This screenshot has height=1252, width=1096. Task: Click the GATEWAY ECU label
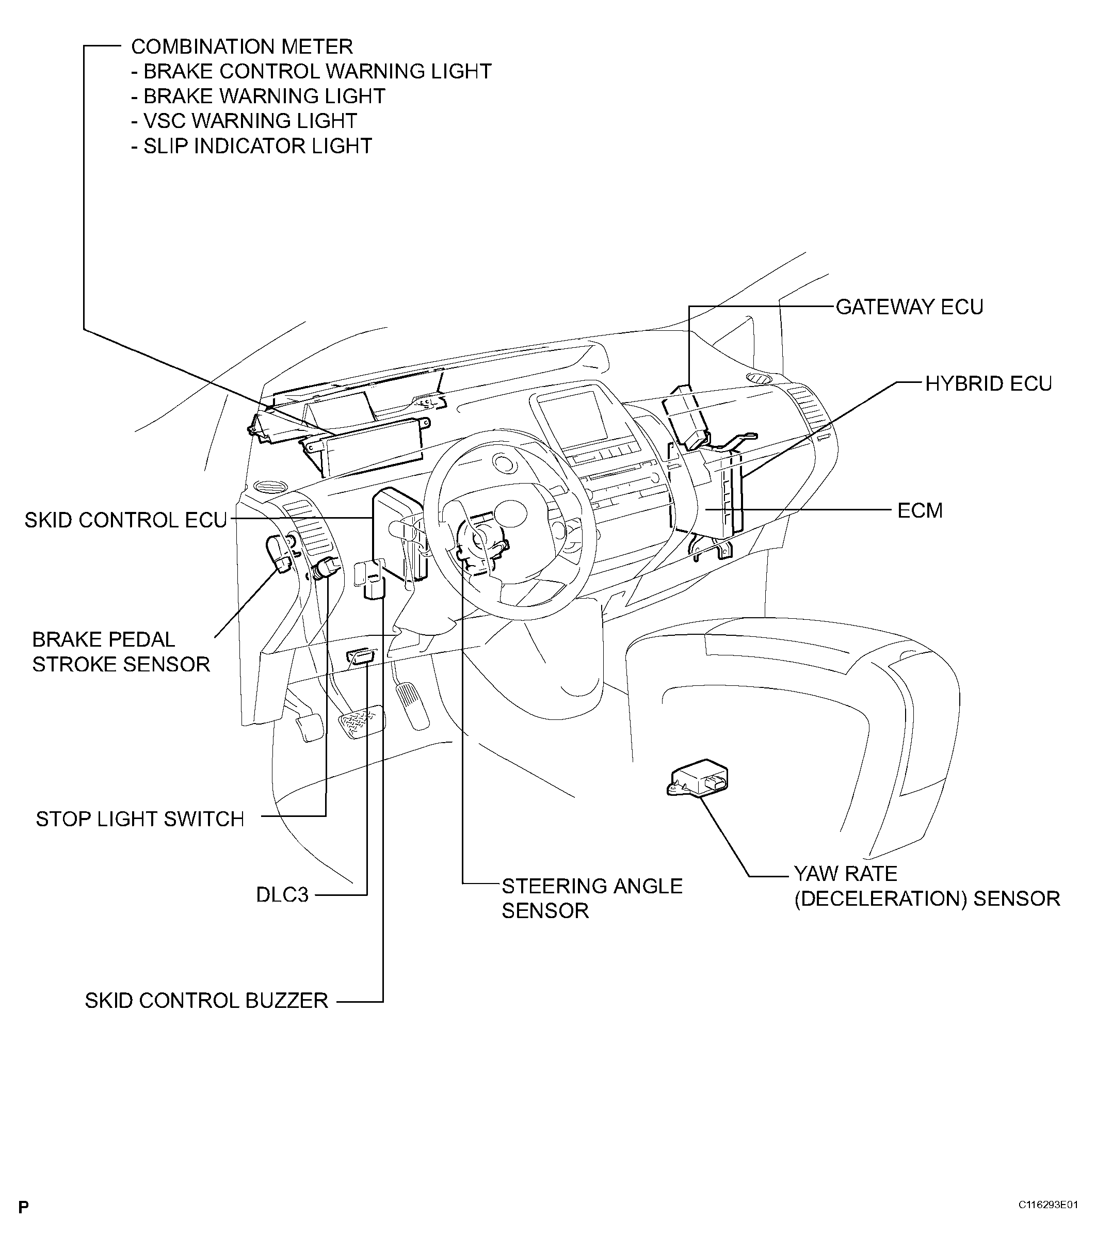(x=909, y=307)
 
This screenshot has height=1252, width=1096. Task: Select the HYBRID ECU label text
(x=988, y=384)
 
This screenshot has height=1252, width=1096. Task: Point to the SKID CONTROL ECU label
(x=125, y=521)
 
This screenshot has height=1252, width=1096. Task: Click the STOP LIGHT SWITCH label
(x=139, y=819)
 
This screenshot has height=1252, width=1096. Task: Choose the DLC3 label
(x=282, y=895)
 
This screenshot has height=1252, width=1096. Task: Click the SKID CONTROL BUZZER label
(x=206, y=1001)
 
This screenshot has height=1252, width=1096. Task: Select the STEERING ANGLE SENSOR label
(x=591, y=898)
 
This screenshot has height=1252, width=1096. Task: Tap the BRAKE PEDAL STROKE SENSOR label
(x=120, y=652)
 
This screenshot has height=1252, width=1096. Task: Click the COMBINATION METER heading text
(x=241, y=47)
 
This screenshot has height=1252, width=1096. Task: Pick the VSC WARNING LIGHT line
(x=244, y=121)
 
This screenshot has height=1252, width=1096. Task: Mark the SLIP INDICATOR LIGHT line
(x=251, y=146)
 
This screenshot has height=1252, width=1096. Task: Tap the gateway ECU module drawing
(x=687, y=416)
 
